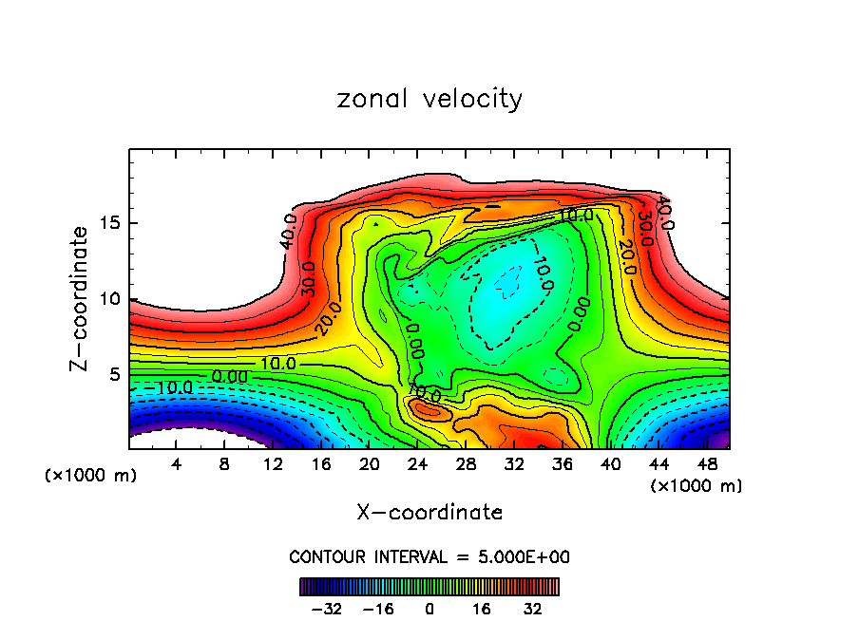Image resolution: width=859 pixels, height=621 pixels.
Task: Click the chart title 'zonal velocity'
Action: pyautogui.click(x=429, y=99)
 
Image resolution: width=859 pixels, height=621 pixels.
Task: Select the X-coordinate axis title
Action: pyautogui.click(x=429, y=513)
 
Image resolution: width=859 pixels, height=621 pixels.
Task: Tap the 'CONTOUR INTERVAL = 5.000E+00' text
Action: pyautogui.click(x=429, y=556)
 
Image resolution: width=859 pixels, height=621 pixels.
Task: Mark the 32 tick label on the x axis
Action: pyautogui.click(x=514, y=464)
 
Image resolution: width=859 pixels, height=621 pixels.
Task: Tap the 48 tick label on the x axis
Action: pyautogui.click(x=706, y=464)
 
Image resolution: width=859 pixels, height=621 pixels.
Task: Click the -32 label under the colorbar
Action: pyautogui.click(x=326, y=609)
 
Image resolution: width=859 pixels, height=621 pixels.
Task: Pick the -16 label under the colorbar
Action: pyautogui.click(x=377, y=609)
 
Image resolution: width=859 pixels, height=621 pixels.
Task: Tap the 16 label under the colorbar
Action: pyautogui.click(x=481, y=609)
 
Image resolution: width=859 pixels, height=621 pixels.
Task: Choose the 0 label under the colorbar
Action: pyautogui.click(x=429, y=609)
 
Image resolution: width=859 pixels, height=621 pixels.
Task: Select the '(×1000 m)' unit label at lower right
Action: pyautogui.click(x=696, y=486)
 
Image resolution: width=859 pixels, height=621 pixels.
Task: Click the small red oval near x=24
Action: pyautogui.click(x=427, y=409)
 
